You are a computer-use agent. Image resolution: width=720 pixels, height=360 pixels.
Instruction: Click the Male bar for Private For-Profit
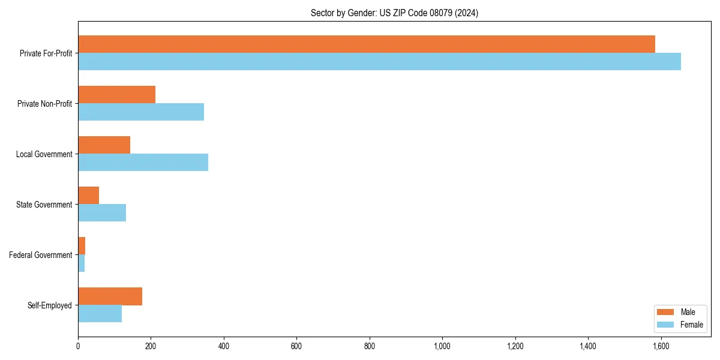click(x=366, y=44)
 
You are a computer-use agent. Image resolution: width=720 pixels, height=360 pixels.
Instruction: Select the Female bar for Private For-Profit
click(x=379, y=62)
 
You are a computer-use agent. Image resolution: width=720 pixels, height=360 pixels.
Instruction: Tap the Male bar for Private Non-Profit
click(x=116, y=95)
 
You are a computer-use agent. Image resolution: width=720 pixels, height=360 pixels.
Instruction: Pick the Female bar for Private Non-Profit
click(x=141, y=112)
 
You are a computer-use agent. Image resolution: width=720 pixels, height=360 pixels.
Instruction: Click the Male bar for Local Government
click(x=104, y=145)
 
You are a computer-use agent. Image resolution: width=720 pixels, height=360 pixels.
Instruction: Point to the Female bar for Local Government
click(x=143, y=163)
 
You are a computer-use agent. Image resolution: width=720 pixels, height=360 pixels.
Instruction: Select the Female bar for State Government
click(x=102, y=213)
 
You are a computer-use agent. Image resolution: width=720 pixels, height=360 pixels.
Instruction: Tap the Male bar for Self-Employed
click(x=110, y=296)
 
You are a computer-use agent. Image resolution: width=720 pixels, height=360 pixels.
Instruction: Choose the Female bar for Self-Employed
click(x=100, y=314)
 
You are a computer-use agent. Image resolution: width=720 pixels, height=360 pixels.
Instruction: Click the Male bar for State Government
click(x=88, y=196)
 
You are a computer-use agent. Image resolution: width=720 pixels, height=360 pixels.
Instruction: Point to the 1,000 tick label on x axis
click(x=442, y=346)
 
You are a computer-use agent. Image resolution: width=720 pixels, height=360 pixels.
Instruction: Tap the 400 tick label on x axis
click(x=224, y=346)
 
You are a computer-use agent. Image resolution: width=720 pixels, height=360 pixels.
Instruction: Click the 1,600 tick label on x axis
click(x=661, y=346)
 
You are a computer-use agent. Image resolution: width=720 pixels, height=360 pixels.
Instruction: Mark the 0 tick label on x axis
click(x=78, y=346)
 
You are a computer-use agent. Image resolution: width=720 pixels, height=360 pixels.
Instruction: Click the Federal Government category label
click(x=41, y=255)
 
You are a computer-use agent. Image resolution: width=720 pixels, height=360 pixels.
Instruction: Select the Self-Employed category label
click(x=50, y=305)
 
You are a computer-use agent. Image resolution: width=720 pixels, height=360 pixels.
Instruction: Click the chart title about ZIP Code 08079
click(x=394, y=13)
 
